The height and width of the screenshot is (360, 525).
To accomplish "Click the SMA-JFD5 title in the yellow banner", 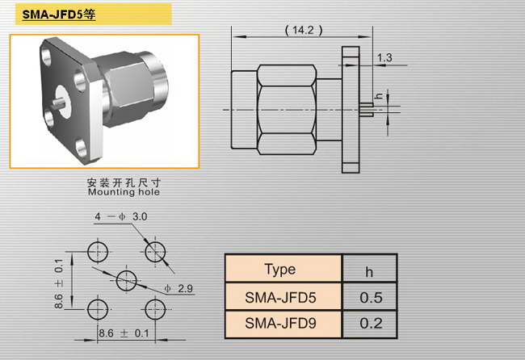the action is [x=59, y=15].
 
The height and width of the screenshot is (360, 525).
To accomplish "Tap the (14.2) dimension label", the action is [x=304, y=30].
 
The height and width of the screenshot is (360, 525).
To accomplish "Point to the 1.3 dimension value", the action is [x=384, y=57].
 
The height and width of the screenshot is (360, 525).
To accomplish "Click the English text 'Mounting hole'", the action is [x=124, y=192].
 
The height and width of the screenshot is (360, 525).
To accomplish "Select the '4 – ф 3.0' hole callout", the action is [x=121, y=216].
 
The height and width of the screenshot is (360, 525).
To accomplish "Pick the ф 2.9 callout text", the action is [x=178, y=288].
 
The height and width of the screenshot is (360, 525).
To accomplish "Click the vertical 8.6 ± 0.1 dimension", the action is [x=59, y=283].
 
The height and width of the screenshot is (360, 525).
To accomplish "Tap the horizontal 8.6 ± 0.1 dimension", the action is [x=124, y=333].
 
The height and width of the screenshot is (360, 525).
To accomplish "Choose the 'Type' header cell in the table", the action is [x=280, y=269].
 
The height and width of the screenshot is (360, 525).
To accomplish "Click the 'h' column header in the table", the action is [x=369, y=272].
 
